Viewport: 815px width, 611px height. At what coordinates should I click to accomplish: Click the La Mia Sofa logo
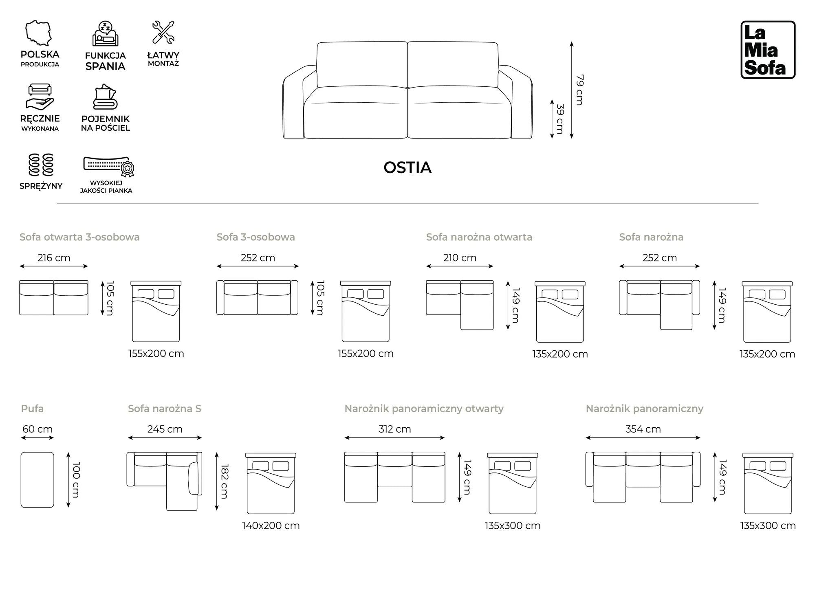768,50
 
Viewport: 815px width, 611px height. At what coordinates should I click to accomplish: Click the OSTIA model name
407,167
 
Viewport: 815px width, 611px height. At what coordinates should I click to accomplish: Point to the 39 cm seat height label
560,119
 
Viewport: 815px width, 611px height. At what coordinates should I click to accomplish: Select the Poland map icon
39,33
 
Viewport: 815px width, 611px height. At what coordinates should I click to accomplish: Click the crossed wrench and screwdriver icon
163,32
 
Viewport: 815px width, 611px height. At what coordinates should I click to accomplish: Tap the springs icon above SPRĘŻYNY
41,165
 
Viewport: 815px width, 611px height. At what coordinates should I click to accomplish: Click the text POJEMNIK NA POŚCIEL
105,123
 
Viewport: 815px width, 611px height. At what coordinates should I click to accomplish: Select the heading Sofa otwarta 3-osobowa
79,237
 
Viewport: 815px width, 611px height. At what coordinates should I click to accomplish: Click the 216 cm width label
54,258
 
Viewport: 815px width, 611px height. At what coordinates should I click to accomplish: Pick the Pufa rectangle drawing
37,479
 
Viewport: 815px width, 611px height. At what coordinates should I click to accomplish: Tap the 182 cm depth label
225,481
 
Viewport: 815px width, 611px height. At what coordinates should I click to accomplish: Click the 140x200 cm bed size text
271,525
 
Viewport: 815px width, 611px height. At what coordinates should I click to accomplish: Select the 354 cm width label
643,429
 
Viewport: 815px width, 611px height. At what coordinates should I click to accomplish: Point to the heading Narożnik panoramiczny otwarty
424,409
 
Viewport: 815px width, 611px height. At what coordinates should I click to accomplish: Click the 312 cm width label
394,429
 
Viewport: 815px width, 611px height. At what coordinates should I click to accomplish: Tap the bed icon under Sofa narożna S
271,483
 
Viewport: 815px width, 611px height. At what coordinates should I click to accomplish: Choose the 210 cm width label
460,258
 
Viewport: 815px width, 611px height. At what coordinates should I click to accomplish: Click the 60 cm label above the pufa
37,429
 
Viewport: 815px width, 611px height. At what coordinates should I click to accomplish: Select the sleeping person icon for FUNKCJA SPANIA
105,34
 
